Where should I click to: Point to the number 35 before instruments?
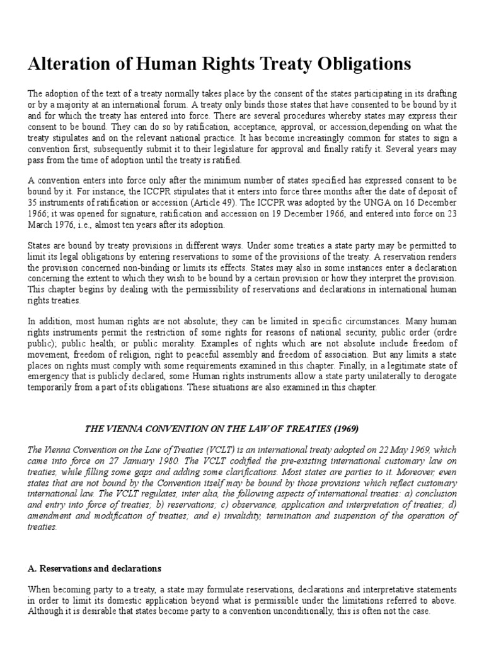(33, 203)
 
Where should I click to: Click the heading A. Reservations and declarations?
(95, 568)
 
